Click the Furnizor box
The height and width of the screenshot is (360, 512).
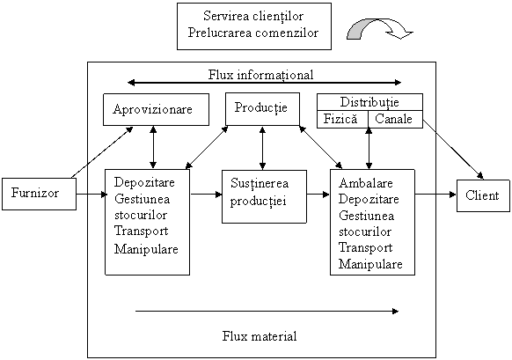point(40,194)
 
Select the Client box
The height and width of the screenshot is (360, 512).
point(483,195)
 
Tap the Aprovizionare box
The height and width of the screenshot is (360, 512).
point(156,109)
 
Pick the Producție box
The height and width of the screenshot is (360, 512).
point(262,109)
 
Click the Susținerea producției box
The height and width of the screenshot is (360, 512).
point(264,196)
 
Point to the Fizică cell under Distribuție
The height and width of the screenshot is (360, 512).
point(342,119)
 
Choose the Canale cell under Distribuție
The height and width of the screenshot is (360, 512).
point(395,119)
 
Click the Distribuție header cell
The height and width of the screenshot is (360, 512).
point(370,102)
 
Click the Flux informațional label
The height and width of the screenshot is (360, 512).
point(261,75)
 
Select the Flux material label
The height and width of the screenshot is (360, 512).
point(260,336)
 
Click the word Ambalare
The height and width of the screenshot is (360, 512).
point(366,183)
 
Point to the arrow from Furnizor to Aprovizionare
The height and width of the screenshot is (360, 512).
point(102,152)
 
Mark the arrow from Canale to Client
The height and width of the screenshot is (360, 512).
point(453,150)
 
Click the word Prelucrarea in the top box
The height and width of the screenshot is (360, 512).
point(220,33)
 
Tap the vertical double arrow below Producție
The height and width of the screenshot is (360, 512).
point(262,148)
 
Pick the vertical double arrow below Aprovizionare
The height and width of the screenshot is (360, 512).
point(153,147)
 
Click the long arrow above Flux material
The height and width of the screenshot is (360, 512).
point(267,311)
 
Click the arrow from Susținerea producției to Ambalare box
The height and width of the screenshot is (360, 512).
point(318,195)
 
